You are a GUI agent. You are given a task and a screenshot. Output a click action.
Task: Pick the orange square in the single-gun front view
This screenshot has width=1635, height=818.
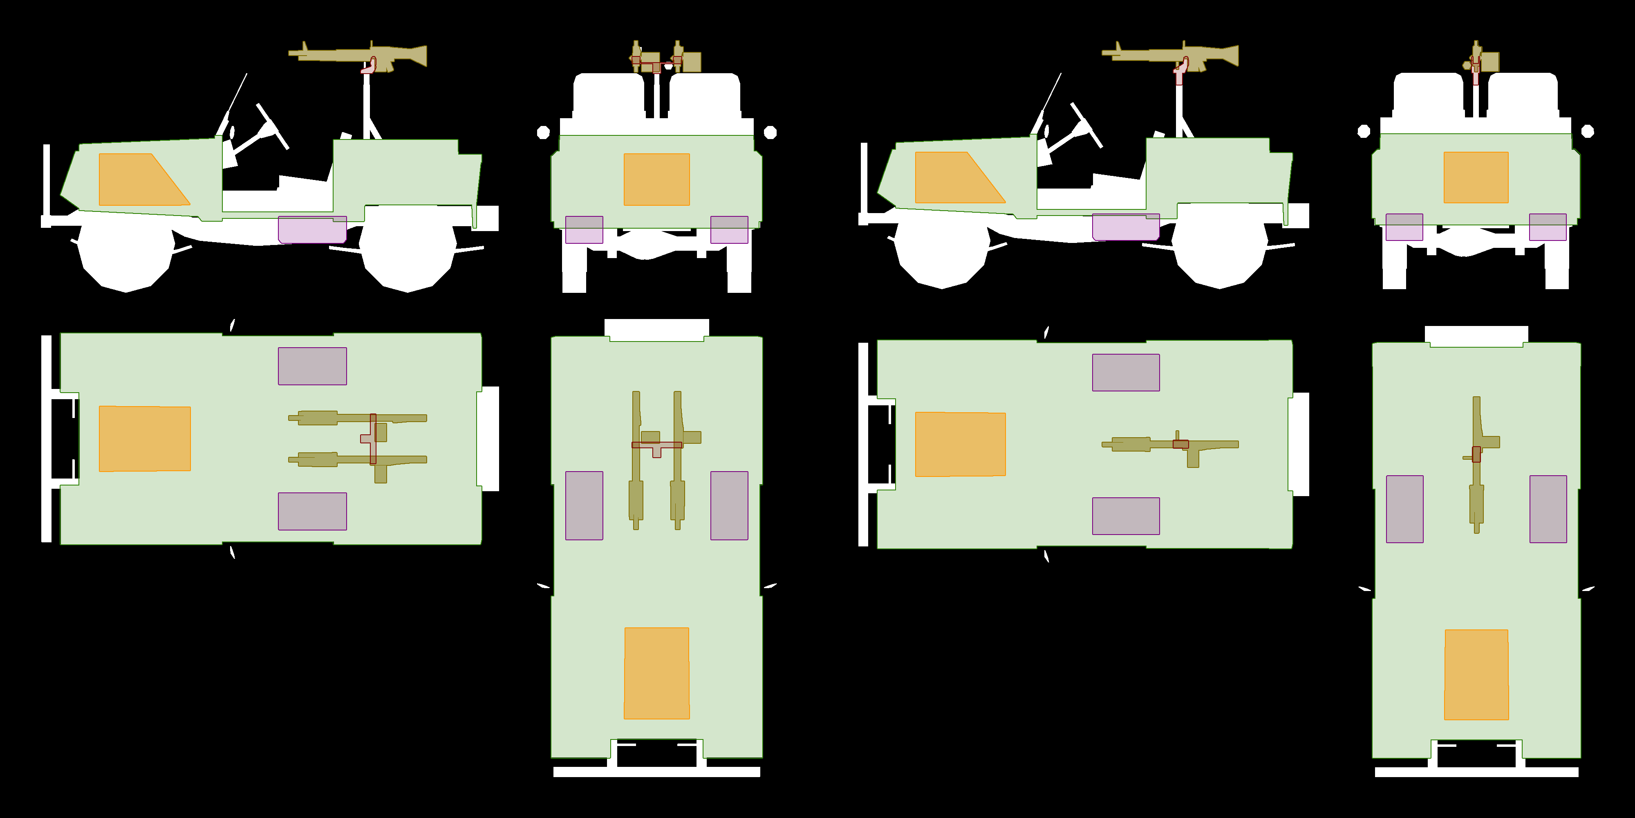click(1476, 177)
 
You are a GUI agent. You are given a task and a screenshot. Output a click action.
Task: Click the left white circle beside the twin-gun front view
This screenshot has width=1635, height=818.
click(543, 132)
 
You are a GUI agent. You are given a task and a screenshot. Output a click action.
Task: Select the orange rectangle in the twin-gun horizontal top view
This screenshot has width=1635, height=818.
click(145, 438)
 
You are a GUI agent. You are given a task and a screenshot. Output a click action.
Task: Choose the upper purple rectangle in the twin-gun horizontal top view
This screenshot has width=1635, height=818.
click(312, 366)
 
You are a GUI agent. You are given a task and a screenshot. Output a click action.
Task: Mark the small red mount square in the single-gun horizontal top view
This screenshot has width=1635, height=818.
click(1180, 444)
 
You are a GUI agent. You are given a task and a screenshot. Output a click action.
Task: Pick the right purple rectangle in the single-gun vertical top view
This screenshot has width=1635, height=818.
click(1548, 509)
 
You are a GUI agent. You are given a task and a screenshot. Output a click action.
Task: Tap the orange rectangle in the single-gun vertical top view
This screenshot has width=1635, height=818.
click(1476, 674)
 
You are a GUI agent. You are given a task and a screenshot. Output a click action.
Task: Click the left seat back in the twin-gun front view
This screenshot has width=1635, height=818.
click(608, 95)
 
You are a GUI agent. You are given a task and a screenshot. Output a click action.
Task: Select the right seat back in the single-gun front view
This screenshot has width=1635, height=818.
click(1522, 95)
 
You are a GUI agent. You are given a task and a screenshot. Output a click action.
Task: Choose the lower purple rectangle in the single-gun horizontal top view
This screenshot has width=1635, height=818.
click(1125, 516)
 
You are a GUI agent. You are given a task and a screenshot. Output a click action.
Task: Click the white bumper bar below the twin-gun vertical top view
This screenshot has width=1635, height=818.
click(656, 772)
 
